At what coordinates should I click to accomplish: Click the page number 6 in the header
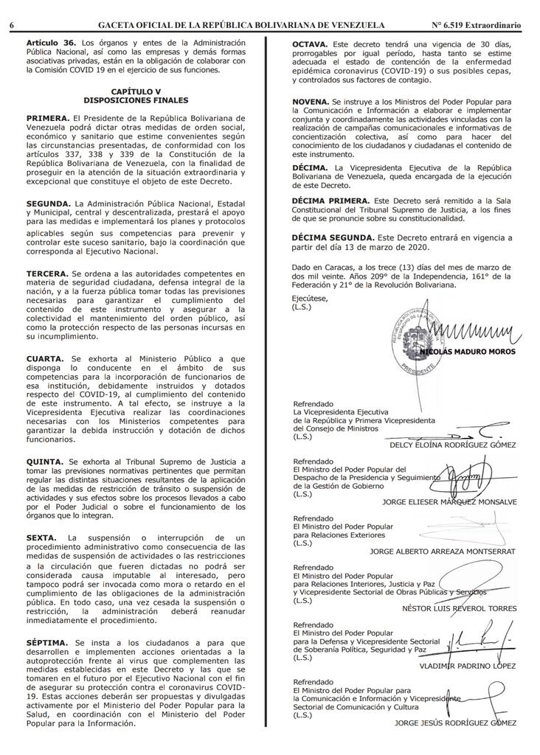click(x=13, y=25)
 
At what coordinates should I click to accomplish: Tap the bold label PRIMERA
click(x=47, y=118)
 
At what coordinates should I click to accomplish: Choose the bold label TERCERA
click(x=47, y=273)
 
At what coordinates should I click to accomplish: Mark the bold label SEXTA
click(x=41, y=539)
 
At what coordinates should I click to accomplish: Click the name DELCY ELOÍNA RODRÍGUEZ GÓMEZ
click(x=452, y=445)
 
